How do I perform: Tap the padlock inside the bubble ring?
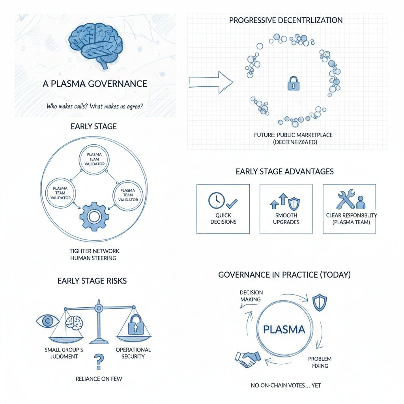tap(293, 83)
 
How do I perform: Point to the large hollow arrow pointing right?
tap(211, 81)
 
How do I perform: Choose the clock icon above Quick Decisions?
tap(215, 200)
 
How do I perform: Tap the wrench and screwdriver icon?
tap(346, 200)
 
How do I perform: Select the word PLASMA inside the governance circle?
tap(284, 329)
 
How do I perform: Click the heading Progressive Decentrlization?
tap(286, 20)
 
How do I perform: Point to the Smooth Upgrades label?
tap(286, 219)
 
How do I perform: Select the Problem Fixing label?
tap(320, 362)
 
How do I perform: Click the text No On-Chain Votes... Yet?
tap(285, 385)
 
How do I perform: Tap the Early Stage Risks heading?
tap(92, 281)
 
